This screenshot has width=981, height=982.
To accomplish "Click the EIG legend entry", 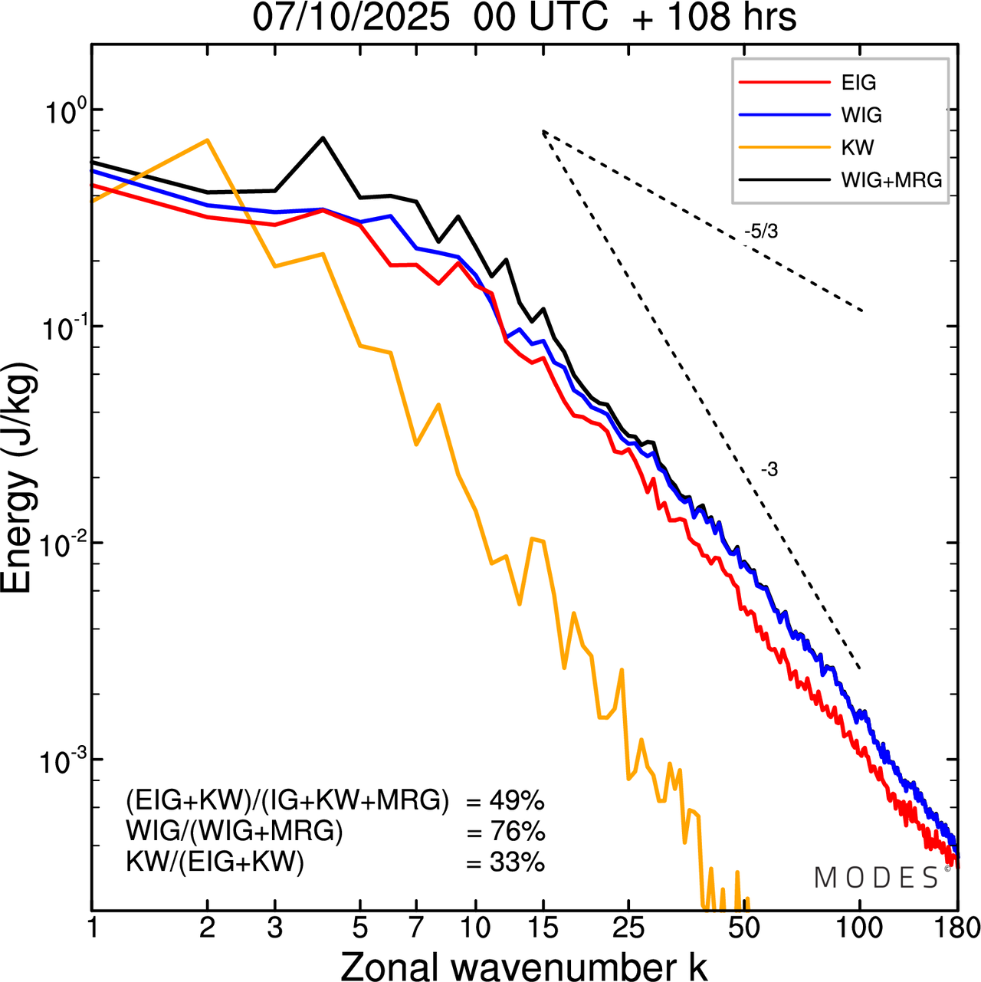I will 858,83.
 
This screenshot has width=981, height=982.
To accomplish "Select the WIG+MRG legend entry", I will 891,181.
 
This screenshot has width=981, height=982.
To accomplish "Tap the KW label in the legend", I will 857,148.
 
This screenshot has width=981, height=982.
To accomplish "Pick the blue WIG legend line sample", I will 784,115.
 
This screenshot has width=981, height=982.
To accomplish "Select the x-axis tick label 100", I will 858,928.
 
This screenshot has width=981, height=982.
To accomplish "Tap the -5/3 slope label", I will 761,232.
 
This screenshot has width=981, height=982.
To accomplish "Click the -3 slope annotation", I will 769,470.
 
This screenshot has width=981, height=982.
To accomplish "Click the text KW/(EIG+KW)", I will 215,863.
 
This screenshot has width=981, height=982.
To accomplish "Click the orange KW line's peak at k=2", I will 207,140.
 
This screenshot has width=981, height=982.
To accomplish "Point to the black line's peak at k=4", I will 323,138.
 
